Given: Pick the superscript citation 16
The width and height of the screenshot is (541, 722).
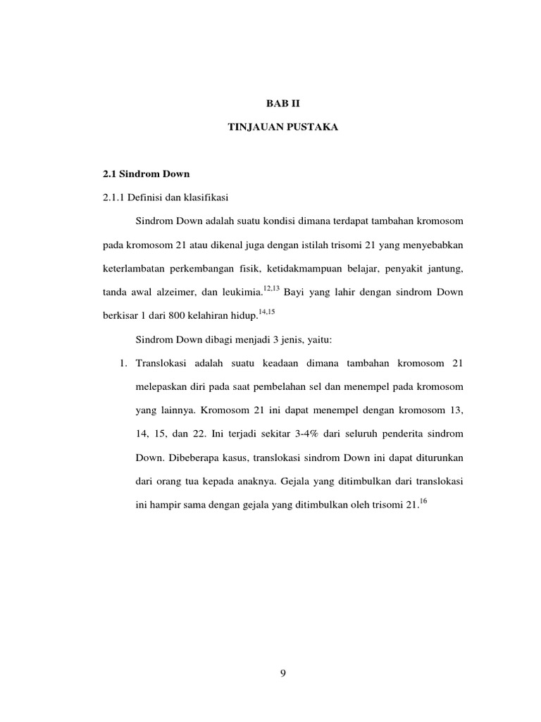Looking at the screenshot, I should pos(423,501).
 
